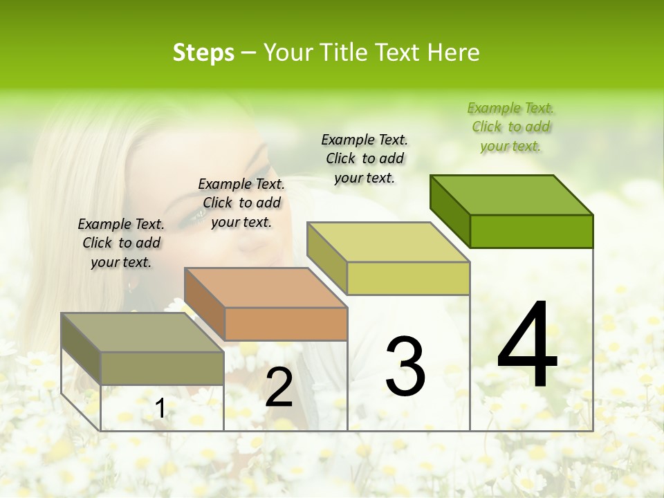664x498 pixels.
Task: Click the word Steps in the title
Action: point(203,53)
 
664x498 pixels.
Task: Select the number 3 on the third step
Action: point(405,367)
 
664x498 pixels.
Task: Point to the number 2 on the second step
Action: point(279,387)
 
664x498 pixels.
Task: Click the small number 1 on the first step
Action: point(160,409)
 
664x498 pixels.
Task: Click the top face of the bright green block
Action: point(512,194)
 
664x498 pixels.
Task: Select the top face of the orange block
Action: point(266,288)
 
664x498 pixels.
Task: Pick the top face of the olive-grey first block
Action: point(142,333)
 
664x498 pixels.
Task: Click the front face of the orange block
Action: point(286,324)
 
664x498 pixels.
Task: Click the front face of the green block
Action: point(531,231)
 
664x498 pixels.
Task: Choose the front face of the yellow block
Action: point(408,278)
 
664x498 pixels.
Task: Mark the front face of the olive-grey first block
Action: point(162,368)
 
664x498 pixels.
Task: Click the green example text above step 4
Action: point(510,127)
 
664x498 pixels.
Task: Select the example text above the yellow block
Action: point(365,158)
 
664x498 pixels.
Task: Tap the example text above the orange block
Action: point(241,203)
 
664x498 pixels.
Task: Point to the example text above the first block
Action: point(121,243)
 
